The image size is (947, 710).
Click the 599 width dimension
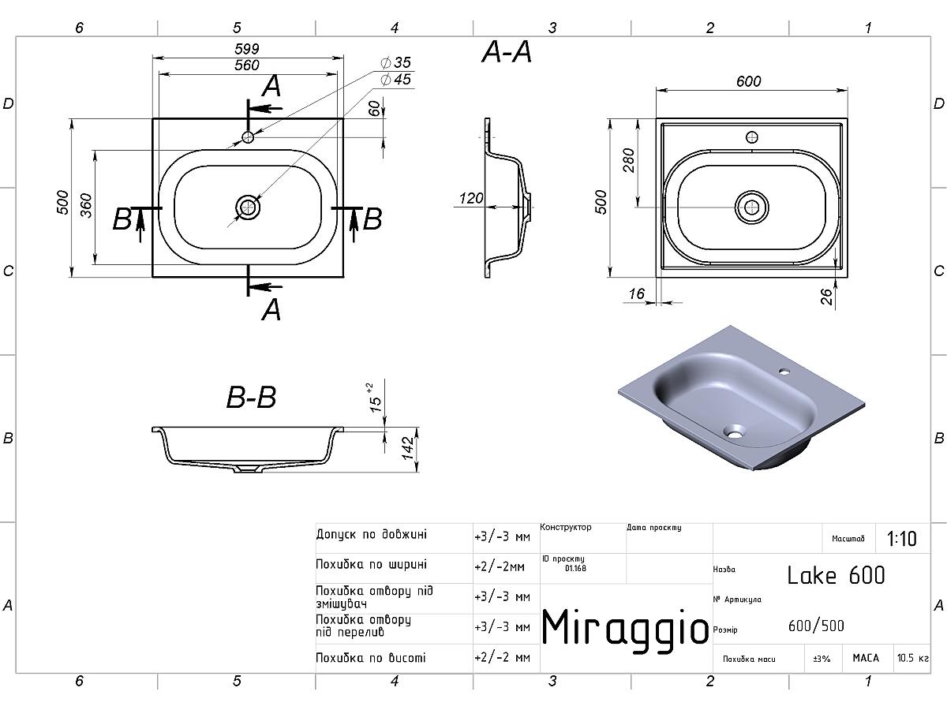247,49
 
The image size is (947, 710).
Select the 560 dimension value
247,65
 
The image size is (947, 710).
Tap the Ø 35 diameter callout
395,62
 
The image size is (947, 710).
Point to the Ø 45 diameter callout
395,80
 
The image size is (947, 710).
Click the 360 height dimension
87,205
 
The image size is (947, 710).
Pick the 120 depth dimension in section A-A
471,199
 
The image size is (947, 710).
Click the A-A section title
507,53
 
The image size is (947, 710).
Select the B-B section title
251,398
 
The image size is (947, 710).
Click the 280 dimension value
629,161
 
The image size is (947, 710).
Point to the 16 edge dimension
636,294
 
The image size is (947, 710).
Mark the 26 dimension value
826,297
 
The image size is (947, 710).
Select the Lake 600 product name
836,575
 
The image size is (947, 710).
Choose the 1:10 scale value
902,539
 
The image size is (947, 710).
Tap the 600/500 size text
816,626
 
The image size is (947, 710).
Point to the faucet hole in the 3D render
785,369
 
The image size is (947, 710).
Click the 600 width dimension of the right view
748,82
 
